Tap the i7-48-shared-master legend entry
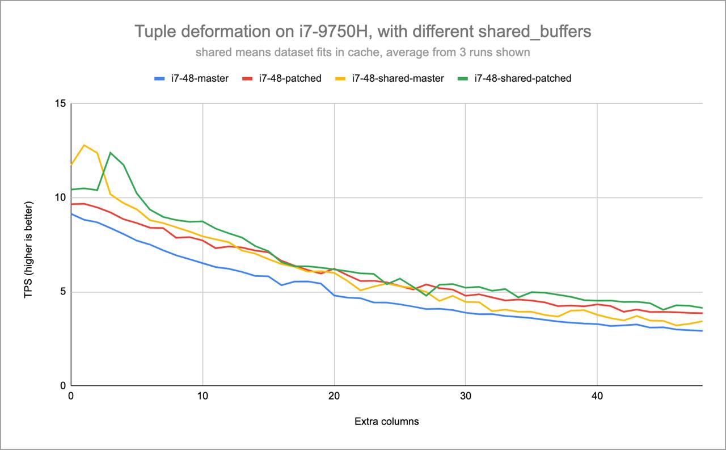point(398,78)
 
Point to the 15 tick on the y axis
point(60,104)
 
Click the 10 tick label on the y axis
point(60,198)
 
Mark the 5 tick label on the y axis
point(62,292)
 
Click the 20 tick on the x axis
point(334,396)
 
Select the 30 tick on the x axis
point(465,396)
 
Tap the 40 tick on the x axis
point(597,396)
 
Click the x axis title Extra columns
point(386,422)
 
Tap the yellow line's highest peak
point(84,145)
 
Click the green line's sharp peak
point(111,153)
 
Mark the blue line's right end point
point(702,331)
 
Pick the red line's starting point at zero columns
point(71,204)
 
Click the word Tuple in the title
point(153,32)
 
